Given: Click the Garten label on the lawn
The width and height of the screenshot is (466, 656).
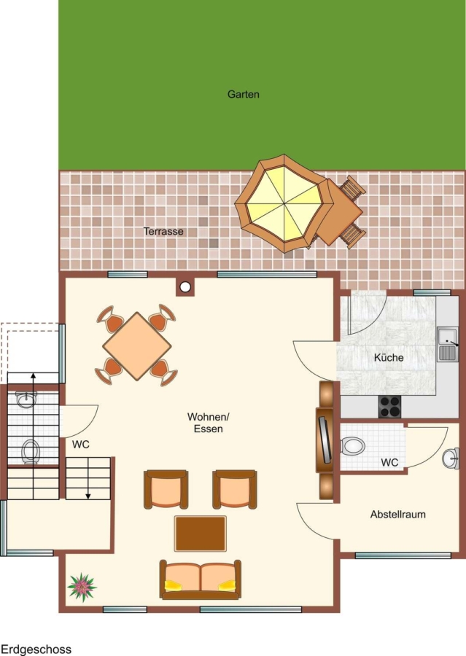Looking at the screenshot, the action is [244, 95].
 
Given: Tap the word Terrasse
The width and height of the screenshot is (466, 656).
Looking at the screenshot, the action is [163, 231].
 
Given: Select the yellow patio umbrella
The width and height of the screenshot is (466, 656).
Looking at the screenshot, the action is [284, 204].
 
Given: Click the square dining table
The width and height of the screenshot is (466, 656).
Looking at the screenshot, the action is [137, 346].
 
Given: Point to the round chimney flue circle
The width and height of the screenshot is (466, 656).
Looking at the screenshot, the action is [185, 287].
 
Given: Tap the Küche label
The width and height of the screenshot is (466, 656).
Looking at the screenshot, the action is [389, 358].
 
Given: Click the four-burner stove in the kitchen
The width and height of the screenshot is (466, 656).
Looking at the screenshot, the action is [390, 406].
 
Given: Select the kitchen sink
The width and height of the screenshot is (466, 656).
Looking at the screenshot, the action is [448, 344].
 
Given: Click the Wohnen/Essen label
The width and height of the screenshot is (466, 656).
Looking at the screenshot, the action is [208, 423].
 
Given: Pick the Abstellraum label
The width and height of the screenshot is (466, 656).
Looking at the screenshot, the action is [397, 514].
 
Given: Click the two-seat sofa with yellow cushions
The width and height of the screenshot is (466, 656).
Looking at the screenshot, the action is [200, 579].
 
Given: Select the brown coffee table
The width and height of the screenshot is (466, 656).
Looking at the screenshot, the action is [201, 534].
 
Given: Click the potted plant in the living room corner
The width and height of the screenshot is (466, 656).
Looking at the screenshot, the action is [82, 587].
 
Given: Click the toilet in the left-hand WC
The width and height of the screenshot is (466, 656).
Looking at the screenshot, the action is [31, 450].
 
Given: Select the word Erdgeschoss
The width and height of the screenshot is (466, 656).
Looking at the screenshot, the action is [36, 649].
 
